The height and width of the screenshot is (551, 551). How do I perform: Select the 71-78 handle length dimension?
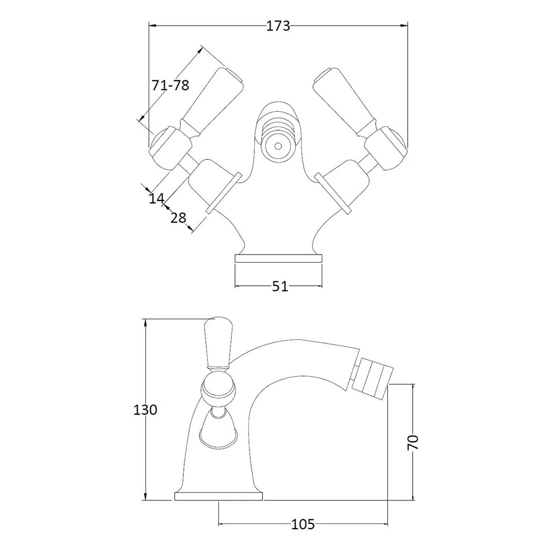pyautogui.click(x=170, y=85)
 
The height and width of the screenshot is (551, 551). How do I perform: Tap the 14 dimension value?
pyautogui.click(x=156, y=199)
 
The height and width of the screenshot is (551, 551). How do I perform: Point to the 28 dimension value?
pyautogui.click(x=178, y=218)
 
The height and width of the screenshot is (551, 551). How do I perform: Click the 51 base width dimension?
pyautogui.click(x=280, y=287)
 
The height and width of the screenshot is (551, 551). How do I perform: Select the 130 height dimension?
pyautogui.click(x=145, y=410)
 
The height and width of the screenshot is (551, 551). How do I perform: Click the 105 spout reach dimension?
pyautogui.click(x=303, y=524)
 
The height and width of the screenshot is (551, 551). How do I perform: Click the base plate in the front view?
pyautogui.click(x=278, y=258)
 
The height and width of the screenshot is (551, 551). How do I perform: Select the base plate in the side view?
pyautogui.click(x=219, y=496)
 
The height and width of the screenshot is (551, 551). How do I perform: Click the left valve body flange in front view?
pyautogui.click(x=224, y=192)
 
